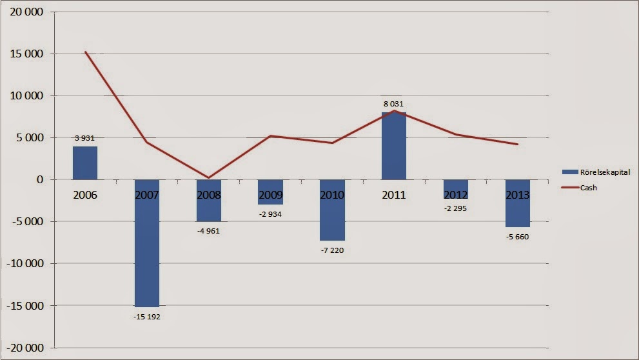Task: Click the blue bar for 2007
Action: (147, 243)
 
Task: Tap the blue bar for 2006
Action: (85, 163)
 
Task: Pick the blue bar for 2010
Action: (332, 210)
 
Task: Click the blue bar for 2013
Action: (518, 203)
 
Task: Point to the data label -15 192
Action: (147, 316)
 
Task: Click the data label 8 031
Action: (394, 104)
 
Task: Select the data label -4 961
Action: (209, 231)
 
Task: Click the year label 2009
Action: (271, 195)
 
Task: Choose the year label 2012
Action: (456, 195)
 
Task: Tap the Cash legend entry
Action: (578, 187)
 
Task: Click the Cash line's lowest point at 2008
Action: (209, 177)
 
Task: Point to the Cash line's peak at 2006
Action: (86, 52)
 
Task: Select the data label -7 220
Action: (332, 250)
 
